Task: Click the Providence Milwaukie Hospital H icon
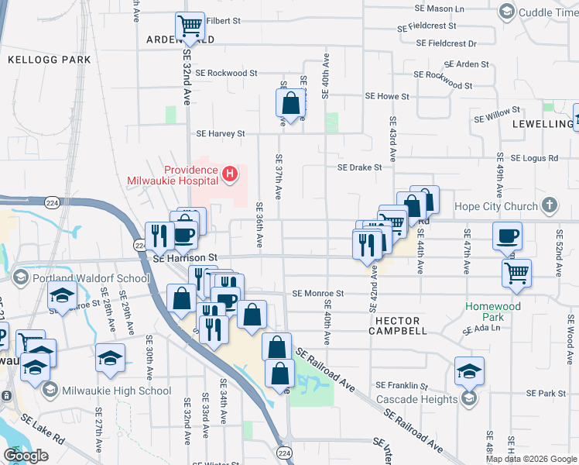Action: point(229,175)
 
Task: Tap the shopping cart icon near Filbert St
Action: point(190,26)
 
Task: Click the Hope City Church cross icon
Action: point(549,206)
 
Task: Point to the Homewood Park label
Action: point(495,311)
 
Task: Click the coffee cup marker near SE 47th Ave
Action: point(507,236)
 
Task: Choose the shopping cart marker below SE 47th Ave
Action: point(516,272)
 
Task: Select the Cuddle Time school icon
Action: point(506,12)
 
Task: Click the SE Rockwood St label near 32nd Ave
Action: point(226,73)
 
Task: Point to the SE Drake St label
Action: point(359,167)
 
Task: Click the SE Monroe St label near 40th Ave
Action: point(317,294)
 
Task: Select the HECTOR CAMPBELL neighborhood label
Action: point(400,325)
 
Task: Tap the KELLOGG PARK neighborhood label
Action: point(49,59)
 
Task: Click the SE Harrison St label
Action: point(187,257)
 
